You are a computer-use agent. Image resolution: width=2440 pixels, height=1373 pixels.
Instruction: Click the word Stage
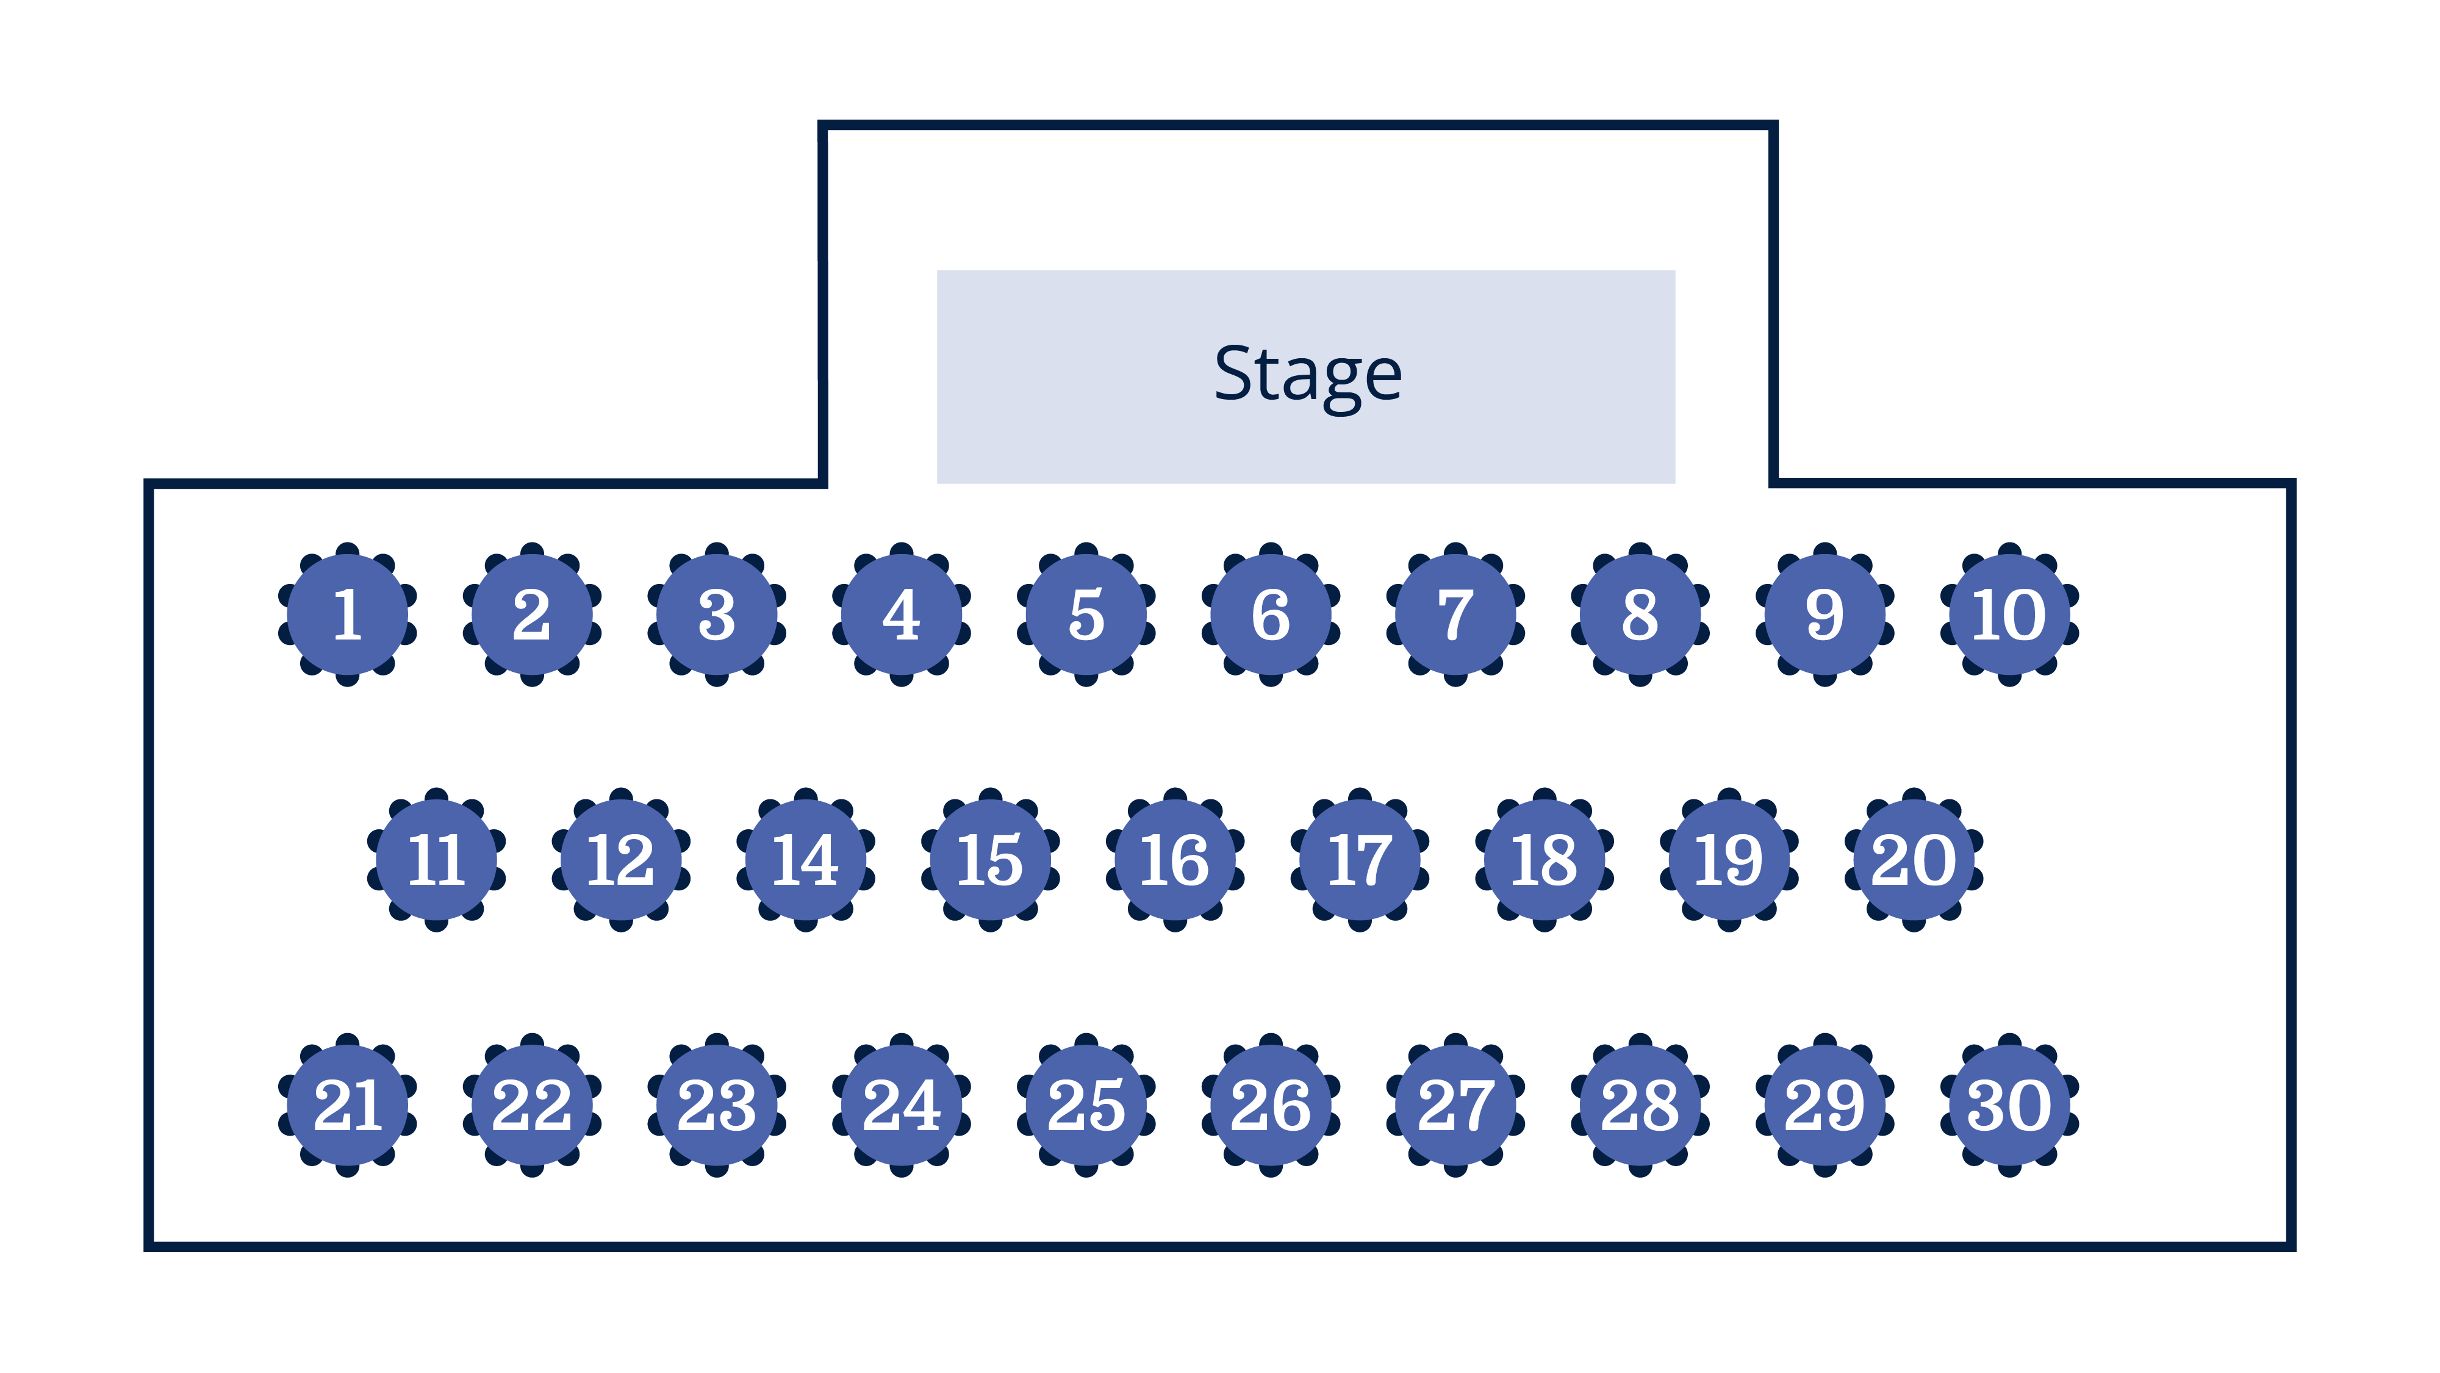1307,373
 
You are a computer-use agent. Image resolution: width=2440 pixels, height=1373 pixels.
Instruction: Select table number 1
348,614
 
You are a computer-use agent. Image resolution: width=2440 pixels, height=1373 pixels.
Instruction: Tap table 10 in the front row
2009,614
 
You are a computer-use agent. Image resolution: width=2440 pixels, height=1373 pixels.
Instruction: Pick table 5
1086,614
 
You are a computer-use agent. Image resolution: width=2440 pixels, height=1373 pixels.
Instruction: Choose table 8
1640,614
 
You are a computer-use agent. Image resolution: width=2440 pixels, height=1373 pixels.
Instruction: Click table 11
437,859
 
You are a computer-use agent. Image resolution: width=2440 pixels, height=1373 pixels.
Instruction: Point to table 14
806,859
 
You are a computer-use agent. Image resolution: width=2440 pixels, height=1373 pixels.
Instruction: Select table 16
1175,859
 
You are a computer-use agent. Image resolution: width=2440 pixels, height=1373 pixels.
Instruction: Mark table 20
1914,859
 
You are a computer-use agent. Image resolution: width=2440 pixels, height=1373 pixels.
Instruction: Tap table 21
348,1105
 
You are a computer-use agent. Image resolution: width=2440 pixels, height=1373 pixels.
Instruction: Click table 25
1086,1105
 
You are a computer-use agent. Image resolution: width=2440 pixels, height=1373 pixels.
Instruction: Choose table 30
2009,1105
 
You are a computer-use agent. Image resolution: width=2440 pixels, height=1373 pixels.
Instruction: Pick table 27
1456,1105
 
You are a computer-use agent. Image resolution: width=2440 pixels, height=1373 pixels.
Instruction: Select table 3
717,614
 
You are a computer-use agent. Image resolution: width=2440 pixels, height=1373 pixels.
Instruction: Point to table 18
1545,859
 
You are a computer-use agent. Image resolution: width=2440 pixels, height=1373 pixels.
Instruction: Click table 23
717,1105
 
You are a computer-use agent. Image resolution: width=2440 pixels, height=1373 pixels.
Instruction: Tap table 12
622,859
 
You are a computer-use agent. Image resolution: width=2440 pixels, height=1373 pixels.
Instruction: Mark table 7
1456,614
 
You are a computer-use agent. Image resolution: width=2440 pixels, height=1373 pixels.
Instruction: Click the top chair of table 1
348,550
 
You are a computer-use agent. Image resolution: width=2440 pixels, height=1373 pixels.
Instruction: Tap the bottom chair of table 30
2009,1169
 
